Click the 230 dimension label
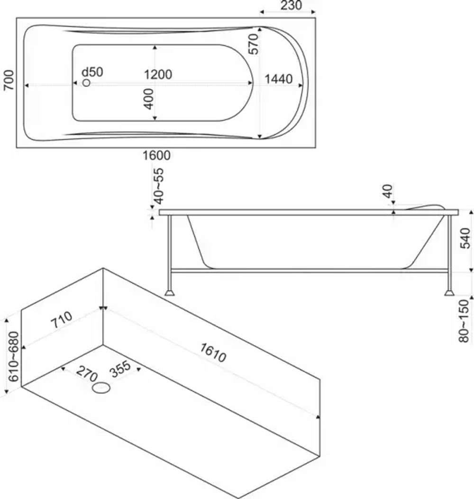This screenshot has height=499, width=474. click(291, 5)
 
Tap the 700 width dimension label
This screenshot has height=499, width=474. click(9, 80)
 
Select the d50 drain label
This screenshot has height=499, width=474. click(92, 72)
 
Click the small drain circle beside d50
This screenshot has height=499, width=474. click(86, 83)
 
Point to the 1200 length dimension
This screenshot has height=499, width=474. click(158, 74)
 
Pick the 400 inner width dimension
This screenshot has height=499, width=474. click(149, 99)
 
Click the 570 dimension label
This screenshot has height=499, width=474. click(254, 44)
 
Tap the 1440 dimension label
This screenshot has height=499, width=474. click(279, 79)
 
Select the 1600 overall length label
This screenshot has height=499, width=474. click(156, 155)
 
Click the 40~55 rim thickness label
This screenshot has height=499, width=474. click(158, 186)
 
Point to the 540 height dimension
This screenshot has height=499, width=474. click(465, 238)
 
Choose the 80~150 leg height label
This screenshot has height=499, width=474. click(464, 321)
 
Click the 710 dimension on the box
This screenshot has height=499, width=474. click(62, 320)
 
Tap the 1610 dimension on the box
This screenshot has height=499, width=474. click(213, 353)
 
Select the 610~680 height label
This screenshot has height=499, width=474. click(13, 356)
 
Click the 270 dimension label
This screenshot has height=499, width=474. click(87, 373)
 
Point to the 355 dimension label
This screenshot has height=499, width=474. click(120, 369)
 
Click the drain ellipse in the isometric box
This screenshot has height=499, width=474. click(101, 388)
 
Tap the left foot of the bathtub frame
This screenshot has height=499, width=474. click(169, 292)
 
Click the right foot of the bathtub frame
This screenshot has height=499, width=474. click(449, 292)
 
